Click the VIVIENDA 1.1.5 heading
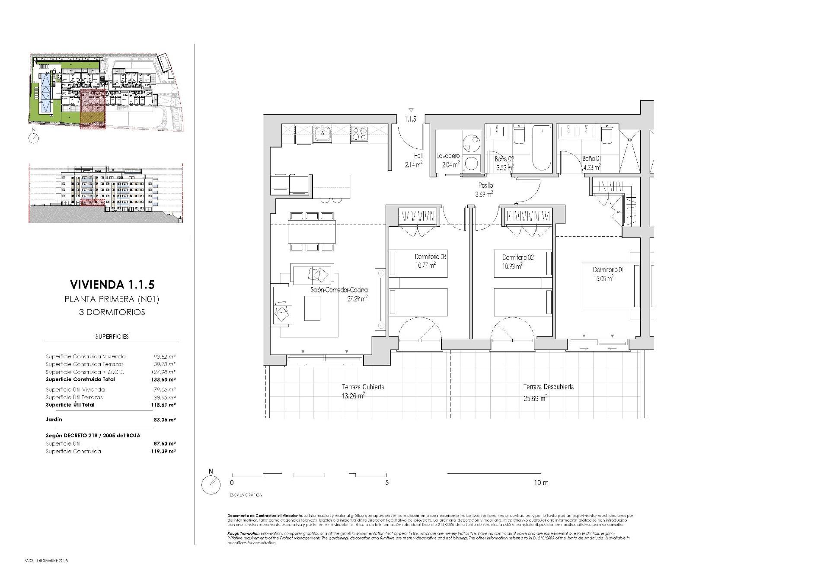[112, 285]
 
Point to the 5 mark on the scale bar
[387, 482]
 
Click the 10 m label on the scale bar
[541, 482]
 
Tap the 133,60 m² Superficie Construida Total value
[165, 379]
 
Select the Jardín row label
[54, 420]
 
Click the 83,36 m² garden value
[165, 420]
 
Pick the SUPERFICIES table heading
[112, 337]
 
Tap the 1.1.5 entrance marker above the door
[410, 119]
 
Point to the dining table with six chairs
[312, 231]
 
